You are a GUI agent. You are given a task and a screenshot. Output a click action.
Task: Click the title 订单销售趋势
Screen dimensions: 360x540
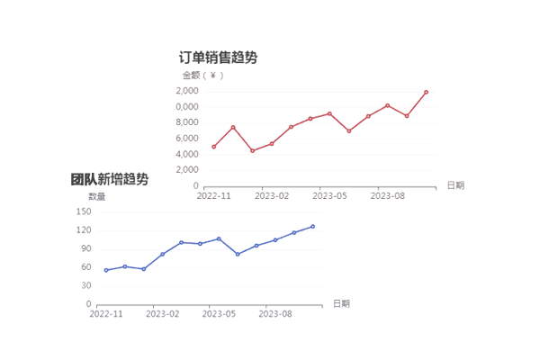tap(219, 58)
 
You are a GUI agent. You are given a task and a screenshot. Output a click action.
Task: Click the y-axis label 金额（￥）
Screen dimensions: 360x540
tap(202, 76)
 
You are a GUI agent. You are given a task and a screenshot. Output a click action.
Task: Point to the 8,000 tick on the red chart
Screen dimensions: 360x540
tap(185, 123)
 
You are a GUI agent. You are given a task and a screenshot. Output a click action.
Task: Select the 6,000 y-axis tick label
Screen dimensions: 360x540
tap(185, 139)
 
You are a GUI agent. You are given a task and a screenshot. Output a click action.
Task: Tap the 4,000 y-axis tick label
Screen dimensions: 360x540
tap(185, 155)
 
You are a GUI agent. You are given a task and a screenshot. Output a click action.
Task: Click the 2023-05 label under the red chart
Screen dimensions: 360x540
tap(328, 194)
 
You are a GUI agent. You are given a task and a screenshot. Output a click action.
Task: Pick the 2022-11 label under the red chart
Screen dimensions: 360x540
tap(214, 194)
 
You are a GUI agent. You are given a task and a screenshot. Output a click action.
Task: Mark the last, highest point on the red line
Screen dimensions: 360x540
tap(426, 92)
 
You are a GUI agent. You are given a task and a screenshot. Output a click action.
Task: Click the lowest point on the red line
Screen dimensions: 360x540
tap(252, 150)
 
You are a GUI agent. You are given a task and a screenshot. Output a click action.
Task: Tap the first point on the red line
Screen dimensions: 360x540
tap(214, 147)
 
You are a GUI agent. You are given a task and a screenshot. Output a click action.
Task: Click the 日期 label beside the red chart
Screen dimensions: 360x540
tap(455, 185)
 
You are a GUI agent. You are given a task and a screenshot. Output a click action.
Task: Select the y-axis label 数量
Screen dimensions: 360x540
tap(96, 196)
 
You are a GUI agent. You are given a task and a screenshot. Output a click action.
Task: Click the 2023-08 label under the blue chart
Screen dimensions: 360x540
tap(275, 314)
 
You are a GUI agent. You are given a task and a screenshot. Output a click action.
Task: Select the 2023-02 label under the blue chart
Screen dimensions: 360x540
tap(163, 314)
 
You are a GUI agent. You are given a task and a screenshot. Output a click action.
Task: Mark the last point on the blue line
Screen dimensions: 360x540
tap(312, 227)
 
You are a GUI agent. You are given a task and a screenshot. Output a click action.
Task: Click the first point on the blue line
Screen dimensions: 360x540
tap(106, 270)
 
